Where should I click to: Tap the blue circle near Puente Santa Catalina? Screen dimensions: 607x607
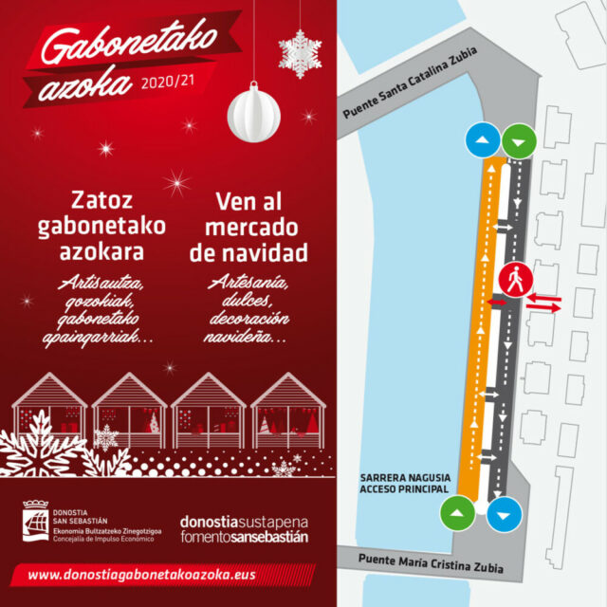(483, 141)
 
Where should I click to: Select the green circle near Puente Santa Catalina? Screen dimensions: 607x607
(519, 141)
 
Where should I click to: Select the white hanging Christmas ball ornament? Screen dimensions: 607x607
(253, 111)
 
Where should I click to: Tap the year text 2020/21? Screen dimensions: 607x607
(168, 83)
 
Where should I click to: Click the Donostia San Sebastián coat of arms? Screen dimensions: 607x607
(39, 523)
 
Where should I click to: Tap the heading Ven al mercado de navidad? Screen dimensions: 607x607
(248, 228)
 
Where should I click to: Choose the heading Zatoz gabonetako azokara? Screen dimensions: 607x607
(102, 228)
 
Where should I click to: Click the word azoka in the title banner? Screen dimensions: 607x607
(87, 83)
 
